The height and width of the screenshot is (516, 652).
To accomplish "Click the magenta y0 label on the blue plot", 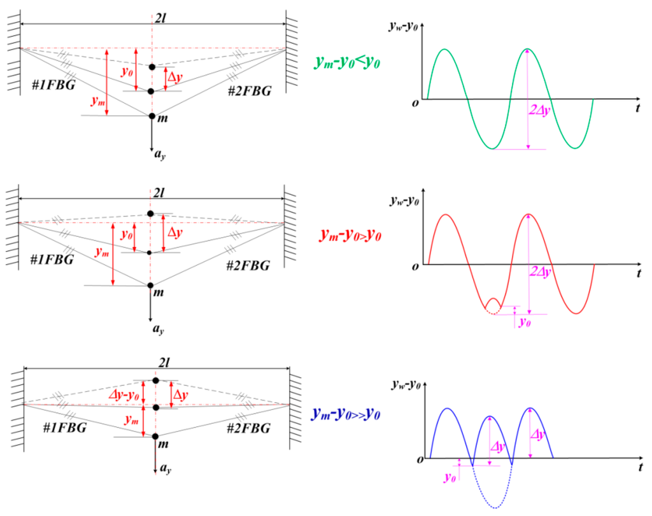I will tap(450, 476).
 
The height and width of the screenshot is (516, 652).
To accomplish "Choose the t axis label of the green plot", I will tap(637, 108).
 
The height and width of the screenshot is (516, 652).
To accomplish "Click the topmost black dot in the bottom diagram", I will tap(155, 380).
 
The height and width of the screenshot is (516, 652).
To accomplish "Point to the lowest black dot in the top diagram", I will tap(152, 116).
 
